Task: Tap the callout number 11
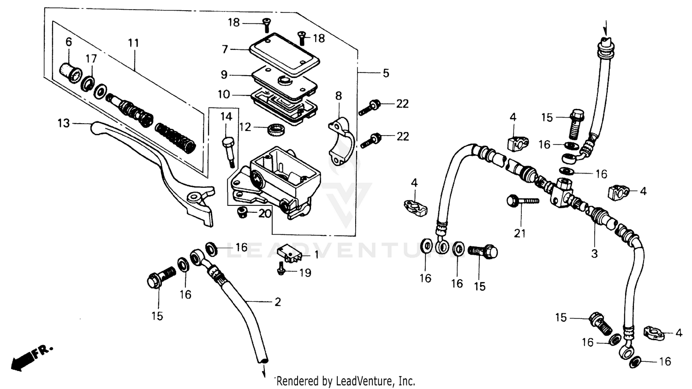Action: click(x=133, y=43)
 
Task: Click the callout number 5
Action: click(x=386, y=73)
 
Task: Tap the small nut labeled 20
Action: click(x=241, y=212)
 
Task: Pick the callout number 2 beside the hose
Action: click(x=278, y=302)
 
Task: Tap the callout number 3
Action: click(x=594, y=253)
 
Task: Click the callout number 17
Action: click(x=91, y=59)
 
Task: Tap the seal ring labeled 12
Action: click(x=277, y=130)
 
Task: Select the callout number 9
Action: click(x=224, y=74)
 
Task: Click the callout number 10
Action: click(x=224, y=95)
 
